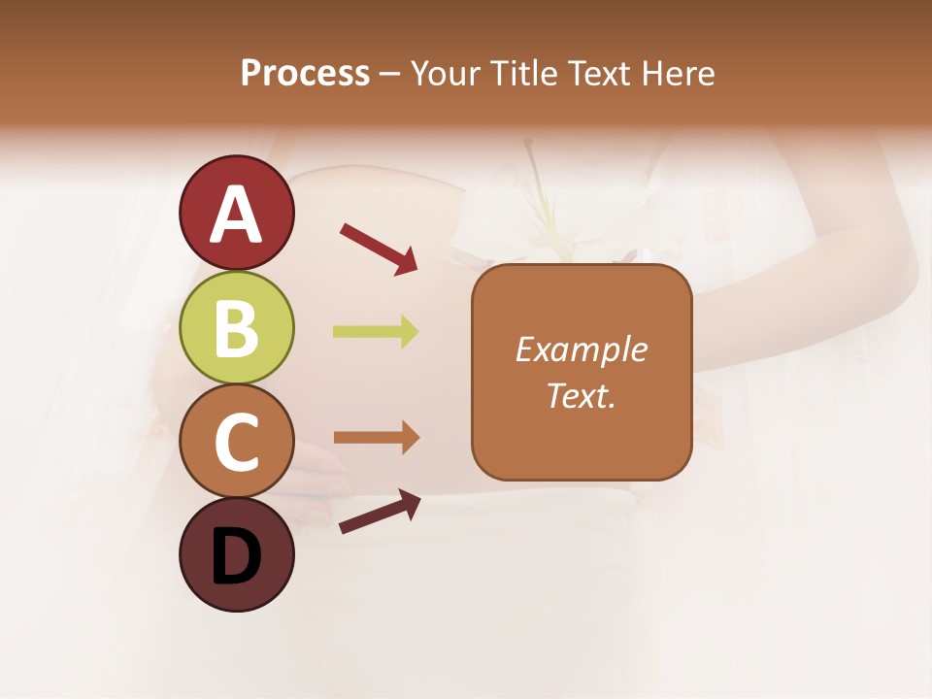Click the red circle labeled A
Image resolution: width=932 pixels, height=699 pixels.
(236, 213)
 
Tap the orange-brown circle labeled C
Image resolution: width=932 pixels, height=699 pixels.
(236, 442)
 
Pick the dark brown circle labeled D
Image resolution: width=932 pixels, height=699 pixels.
(236, 555)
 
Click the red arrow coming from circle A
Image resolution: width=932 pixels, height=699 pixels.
(379, 249)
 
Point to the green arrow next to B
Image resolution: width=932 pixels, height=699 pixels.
(376, 332)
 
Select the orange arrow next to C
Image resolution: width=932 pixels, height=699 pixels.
(376, 438)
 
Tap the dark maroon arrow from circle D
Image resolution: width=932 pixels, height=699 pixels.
(380, 512)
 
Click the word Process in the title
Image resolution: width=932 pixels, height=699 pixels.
(305, 73)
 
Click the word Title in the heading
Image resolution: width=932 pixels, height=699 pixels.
(525, 73)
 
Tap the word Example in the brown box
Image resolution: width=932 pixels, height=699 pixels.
(581, 349)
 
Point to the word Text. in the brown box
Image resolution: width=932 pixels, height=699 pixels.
(581, 395)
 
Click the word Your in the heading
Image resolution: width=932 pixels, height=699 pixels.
(447, 73)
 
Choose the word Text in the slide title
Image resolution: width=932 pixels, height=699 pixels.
(598, 73)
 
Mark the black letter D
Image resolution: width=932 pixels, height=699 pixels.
(236, 556)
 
